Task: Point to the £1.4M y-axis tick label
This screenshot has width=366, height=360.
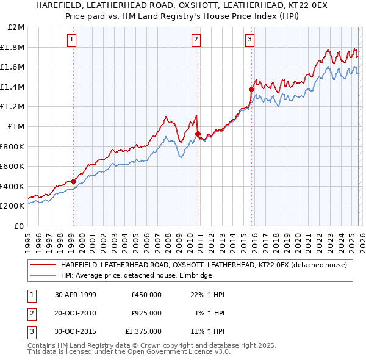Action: [14, 87]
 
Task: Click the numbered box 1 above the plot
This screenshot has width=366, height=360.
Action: [72, 40]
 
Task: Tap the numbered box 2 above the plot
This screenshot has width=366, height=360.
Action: [196, 40]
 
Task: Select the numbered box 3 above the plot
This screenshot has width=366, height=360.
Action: [250, 40]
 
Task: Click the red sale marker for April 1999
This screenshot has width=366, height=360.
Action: [73, 181]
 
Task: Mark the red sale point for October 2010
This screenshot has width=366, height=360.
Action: [198, 134]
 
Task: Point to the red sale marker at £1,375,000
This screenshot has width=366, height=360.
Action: [251, 89]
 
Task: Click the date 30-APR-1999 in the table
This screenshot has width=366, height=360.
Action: [76, 295]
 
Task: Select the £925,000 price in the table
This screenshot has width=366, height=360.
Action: [146, 313]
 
